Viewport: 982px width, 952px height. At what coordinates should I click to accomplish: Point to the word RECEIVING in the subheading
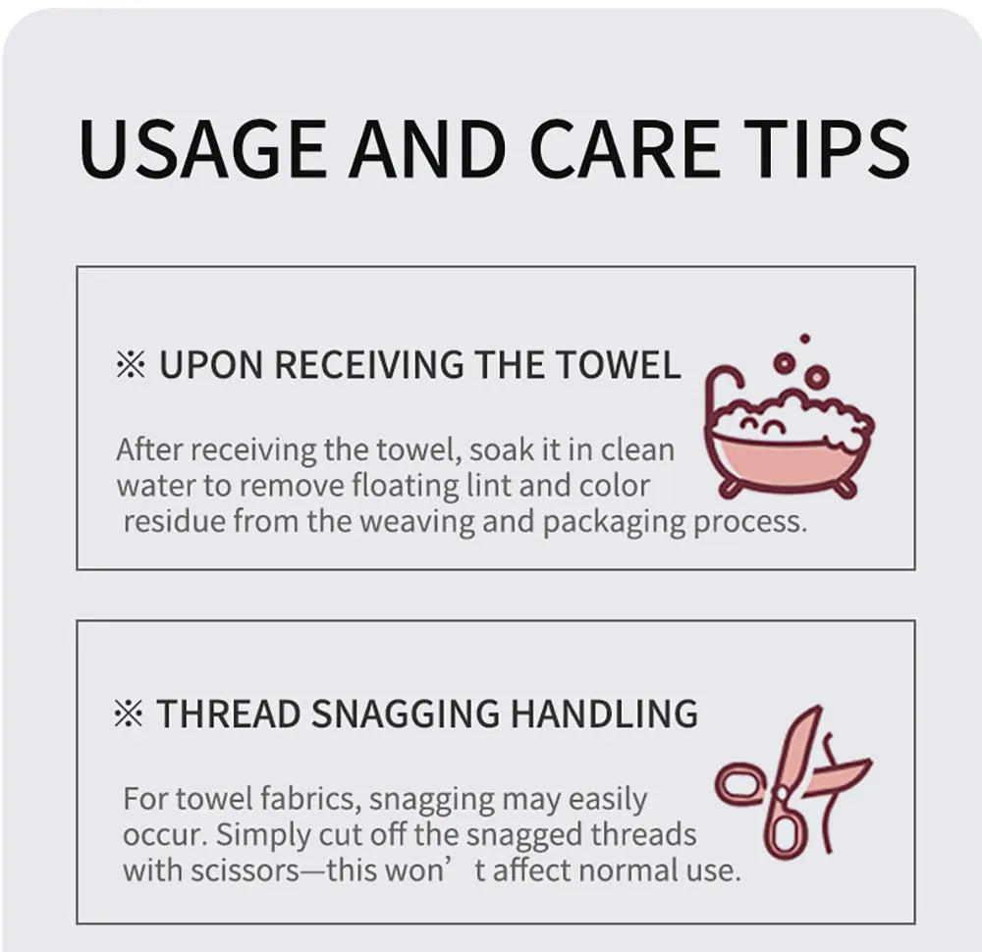click(369, 365)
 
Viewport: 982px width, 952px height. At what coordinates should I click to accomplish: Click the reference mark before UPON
click(131, 365)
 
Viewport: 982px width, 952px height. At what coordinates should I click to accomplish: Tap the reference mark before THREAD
click(129, 714)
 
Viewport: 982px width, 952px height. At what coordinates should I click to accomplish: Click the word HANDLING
click(604, 714)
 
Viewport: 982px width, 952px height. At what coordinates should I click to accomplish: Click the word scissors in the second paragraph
click(245, 872)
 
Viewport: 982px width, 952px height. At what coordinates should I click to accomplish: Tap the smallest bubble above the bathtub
click(805, 339)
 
